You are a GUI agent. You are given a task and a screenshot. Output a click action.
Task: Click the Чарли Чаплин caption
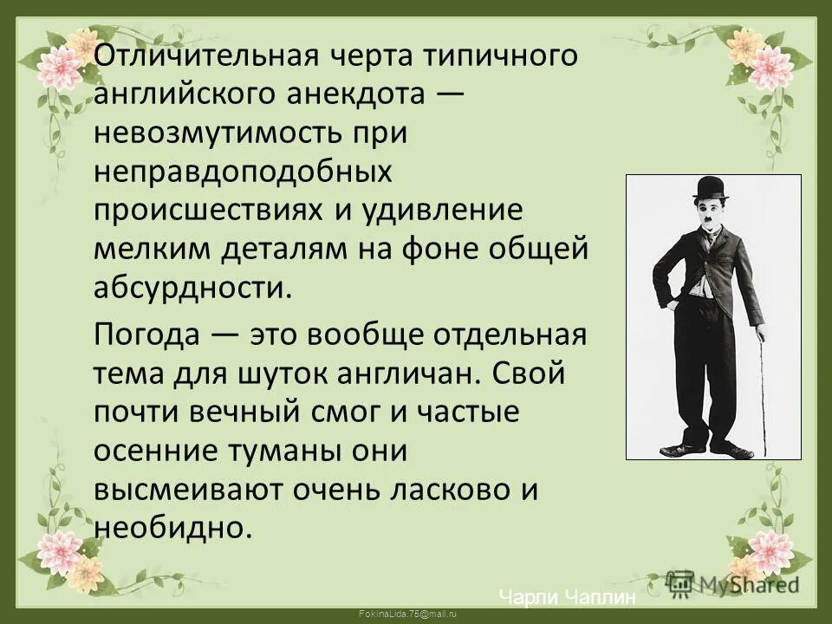point(568,597)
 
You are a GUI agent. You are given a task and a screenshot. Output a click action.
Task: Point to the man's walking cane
point(763,390)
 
